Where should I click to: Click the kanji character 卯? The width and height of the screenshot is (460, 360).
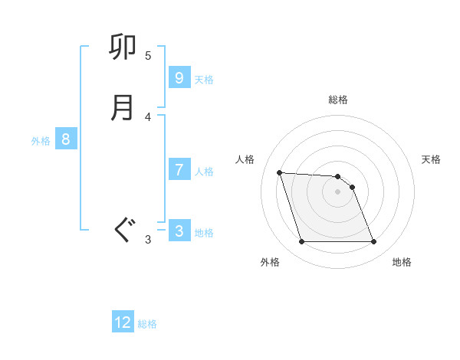(x=123, y=48)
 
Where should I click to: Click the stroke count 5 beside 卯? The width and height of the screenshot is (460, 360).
(x=148, y=56)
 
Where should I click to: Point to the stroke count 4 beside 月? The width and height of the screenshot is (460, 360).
(x=148, y=116)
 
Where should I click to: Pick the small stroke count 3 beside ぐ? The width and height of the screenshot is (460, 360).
(x=148, y=240)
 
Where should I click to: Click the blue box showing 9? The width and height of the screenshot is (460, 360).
(x=179, y=77)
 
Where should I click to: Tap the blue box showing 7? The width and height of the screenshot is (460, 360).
(x=179, y=169)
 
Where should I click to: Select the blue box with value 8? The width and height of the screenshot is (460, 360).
(x=66, y=139)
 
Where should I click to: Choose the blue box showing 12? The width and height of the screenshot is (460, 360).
(x=123, y=322)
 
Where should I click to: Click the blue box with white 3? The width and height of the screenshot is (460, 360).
(x=179, y=231)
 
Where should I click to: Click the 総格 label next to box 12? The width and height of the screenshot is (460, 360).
(x=147, y=324)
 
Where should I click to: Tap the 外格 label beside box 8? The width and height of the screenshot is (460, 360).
(x=41, y=141)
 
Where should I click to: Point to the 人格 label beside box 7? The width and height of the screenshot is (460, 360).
(x=204, y=172)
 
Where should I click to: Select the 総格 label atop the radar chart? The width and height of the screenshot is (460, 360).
(x=338, y=100)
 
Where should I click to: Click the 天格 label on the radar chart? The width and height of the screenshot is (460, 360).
(x=431, y=159)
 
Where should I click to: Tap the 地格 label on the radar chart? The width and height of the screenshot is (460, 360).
(x=402, y=262)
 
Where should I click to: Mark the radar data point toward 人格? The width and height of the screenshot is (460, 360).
(x=280, y=172)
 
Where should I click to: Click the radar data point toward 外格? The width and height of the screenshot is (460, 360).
(x=301, y=242)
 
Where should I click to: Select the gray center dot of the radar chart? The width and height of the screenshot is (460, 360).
(x=338, y=191)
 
